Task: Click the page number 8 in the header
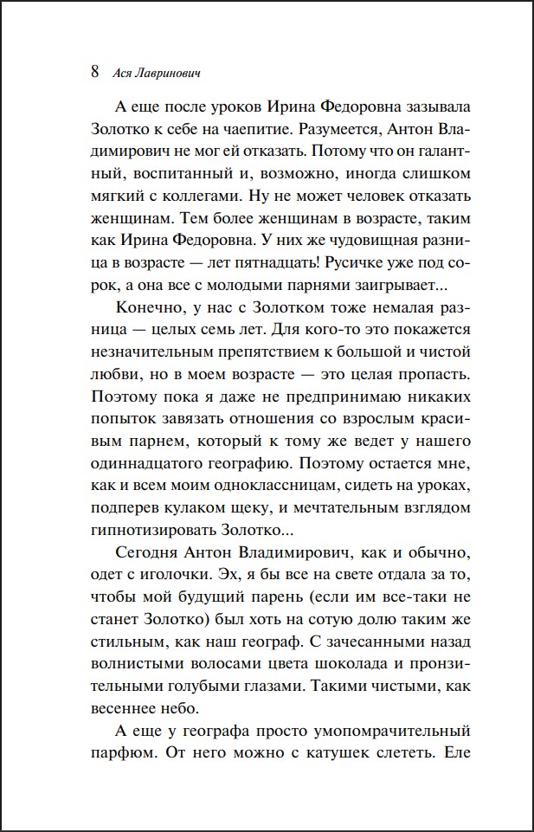click(95, 72)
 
